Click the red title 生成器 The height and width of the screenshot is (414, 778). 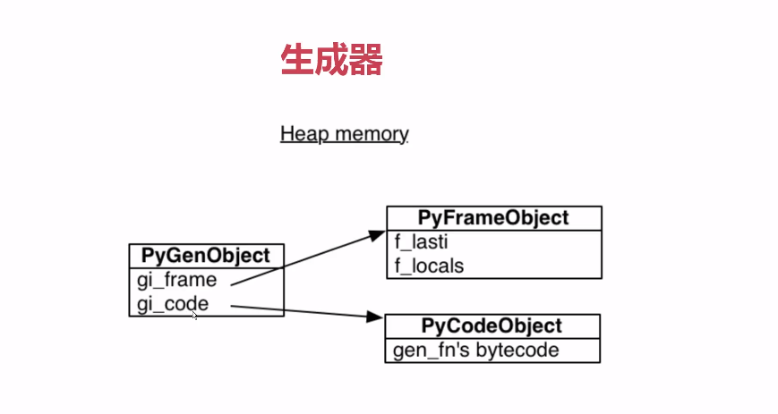pyautogui.click(x=331, y=60)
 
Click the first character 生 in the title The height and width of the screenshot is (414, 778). pyautogui.click(x=297, y=60)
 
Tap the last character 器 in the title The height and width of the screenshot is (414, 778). pyautogui.click(x=366, y=60)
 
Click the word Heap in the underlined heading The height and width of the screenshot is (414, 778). pyautogui.click(x=300, y=134)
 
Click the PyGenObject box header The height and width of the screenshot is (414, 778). pyautogui.click(x=206, y=256)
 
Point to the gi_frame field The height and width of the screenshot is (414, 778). pyautogui.click(x=176, y=280)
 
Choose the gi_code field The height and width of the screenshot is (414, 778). pyautogui.click(x=173, y=304)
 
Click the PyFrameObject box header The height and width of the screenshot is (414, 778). pyautogui.click(x=493, y=218)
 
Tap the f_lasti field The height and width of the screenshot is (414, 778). pyautogui.click(x=421, y=241)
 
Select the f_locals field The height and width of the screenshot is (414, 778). pyautogui.click(x=429, y=266)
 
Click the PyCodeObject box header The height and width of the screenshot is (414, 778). pyautogui.click(x=492, y=326)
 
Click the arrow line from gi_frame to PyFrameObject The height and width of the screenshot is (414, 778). pyautogui.click(x=304, y=260)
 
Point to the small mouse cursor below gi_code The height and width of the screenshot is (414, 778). pyautogui.click(x=194, y=315)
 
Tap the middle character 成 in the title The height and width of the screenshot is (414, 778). pyautogui.click(x=331, y=60)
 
